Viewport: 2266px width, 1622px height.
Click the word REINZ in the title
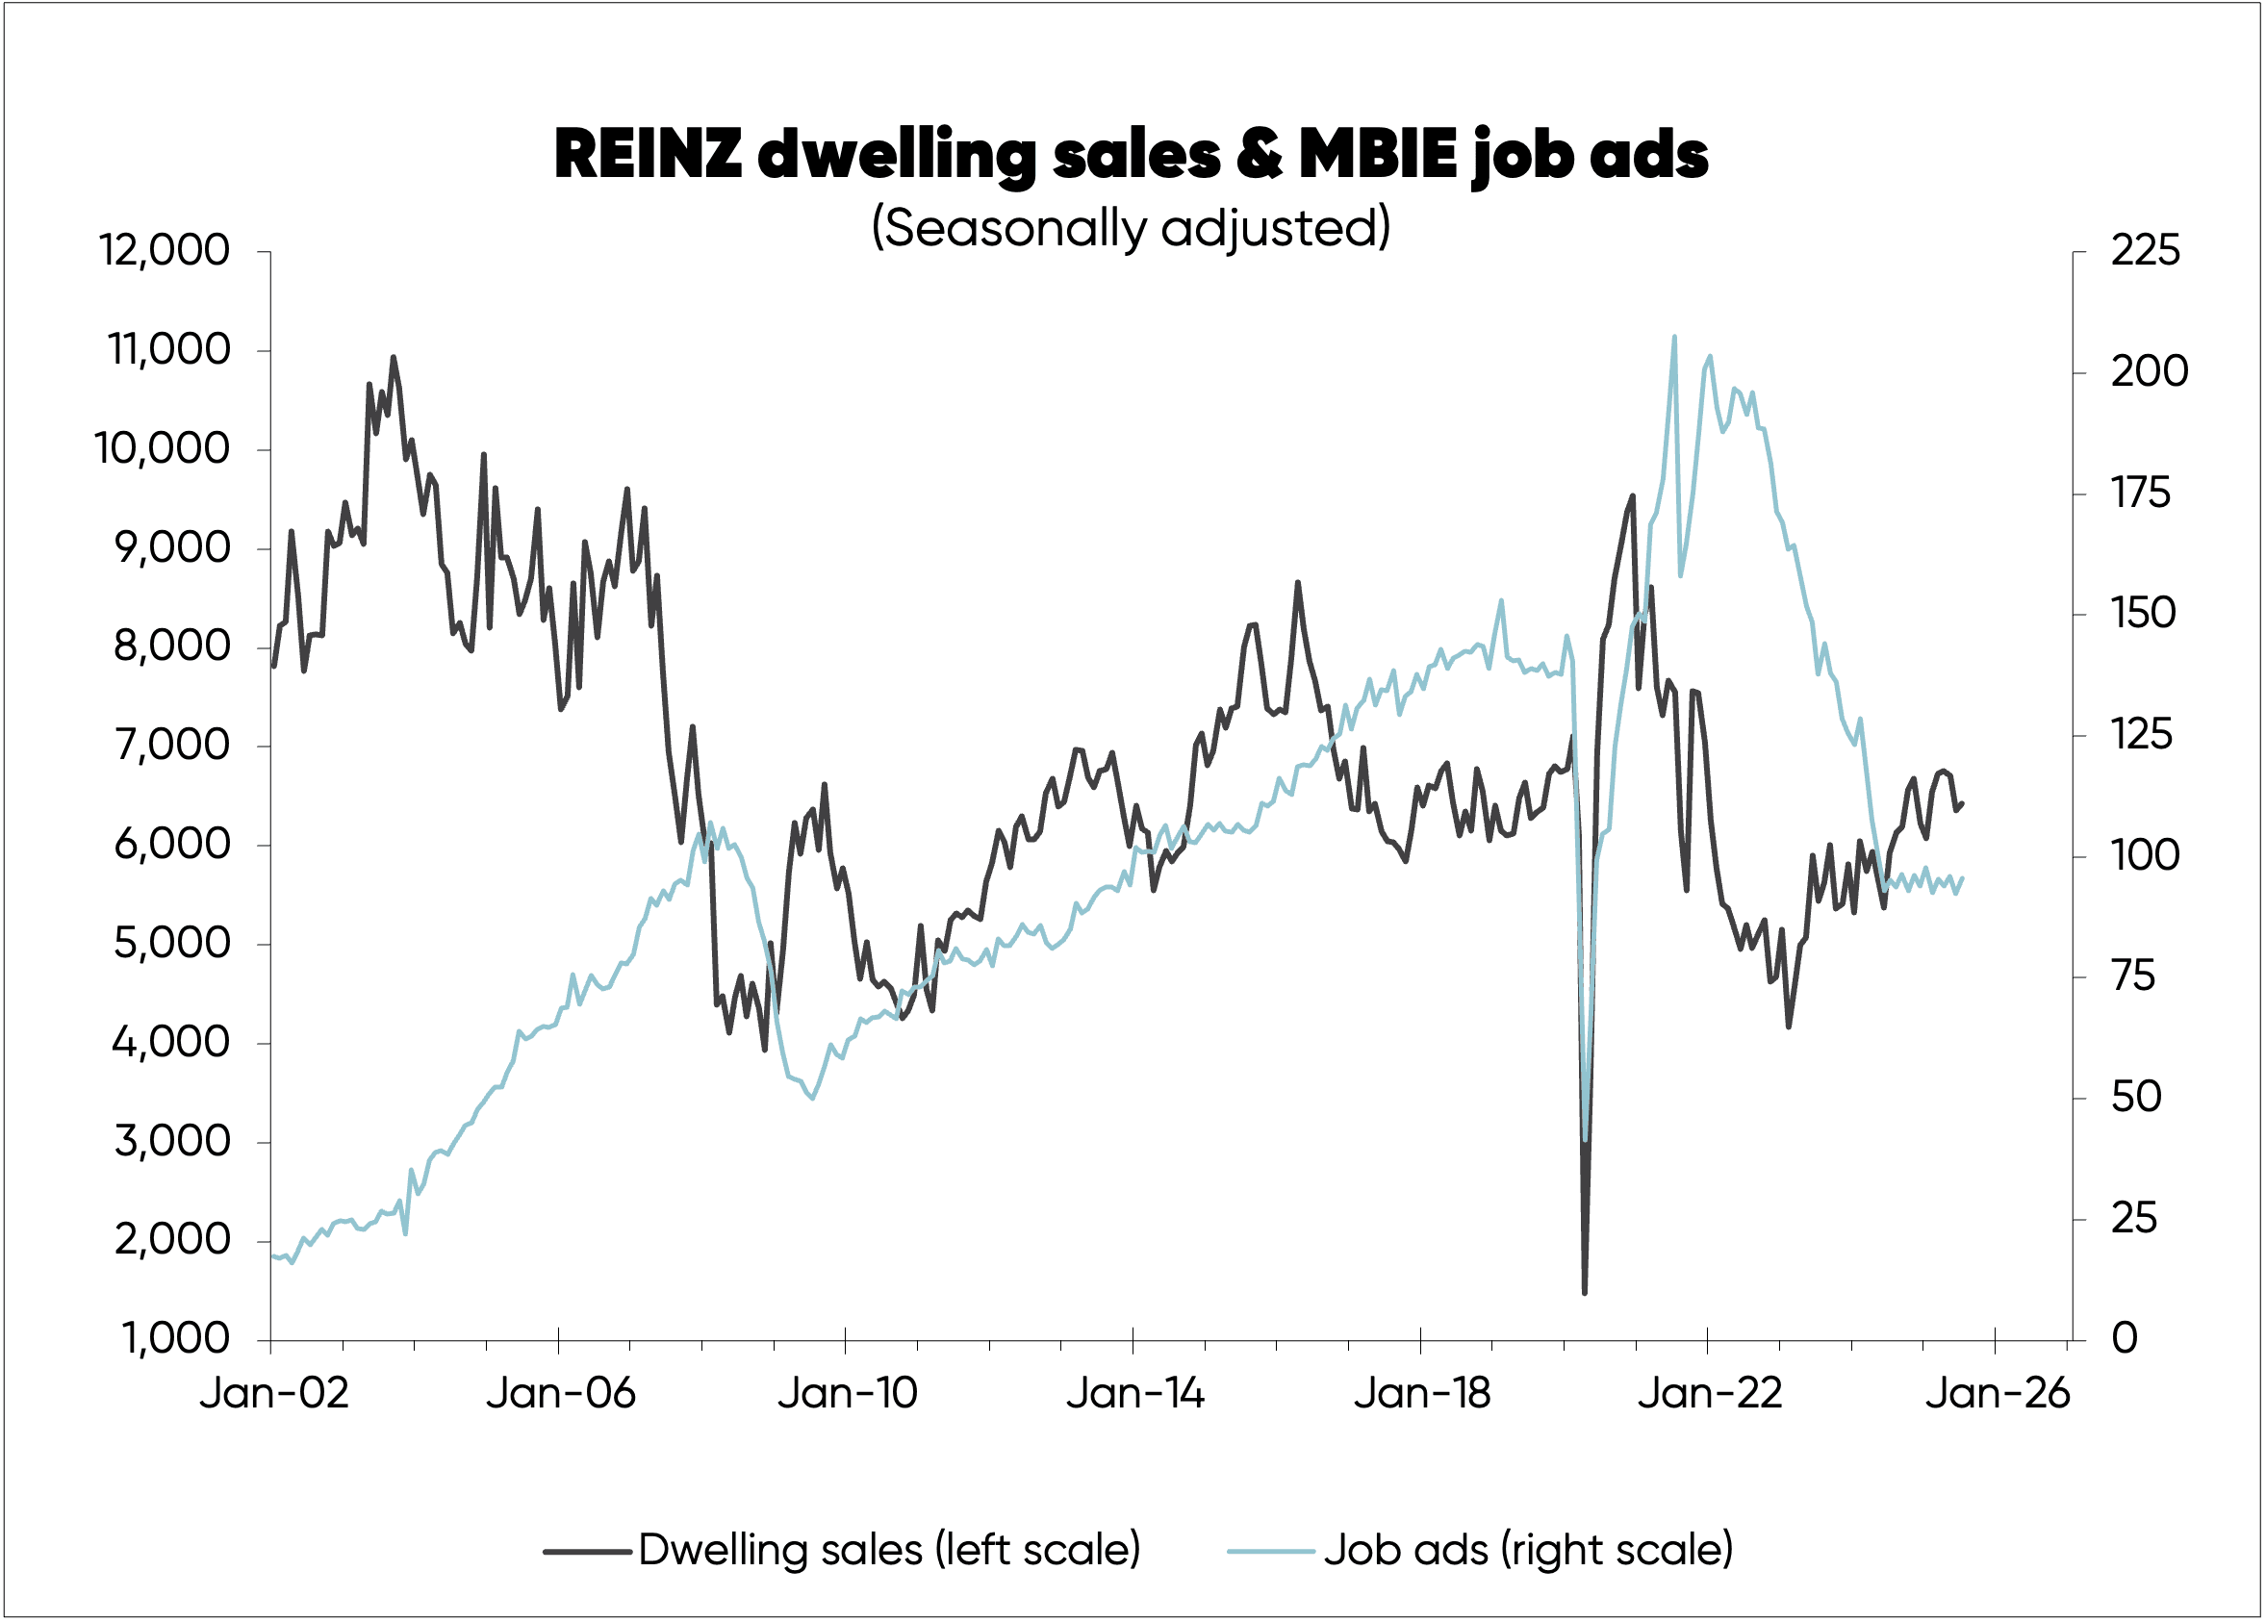[x=648, y=155]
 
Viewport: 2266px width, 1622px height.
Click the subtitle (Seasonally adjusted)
[x=1131, y=228]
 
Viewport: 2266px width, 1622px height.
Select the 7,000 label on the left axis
[x=172, y=745]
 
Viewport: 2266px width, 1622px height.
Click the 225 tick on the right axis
[x=2145, y=251]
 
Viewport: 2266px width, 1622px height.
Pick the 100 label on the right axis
[x=2144, y=856]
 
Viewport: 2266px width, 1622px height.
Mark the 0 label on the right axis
[x=2125, y=1338]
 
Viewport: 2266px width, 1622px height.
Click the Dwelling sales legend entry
[x=842, y=1550]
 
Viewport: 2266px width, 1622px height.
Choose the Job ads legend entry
[x=1480, y=1550]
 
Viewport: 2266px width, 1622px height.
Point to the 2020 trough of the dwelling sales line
[x=1585, y=1292]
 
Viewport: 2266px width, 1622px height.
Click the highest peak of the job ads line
[x=1675, y=338]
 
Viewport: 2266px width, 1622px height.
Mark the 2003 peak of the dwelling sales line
[x=394, y=357]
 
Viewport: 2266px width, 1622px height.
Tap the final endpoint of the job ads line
[x=1962, y=878]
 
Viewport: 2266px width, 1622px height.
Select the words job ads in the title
[x=1590, y=155]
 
